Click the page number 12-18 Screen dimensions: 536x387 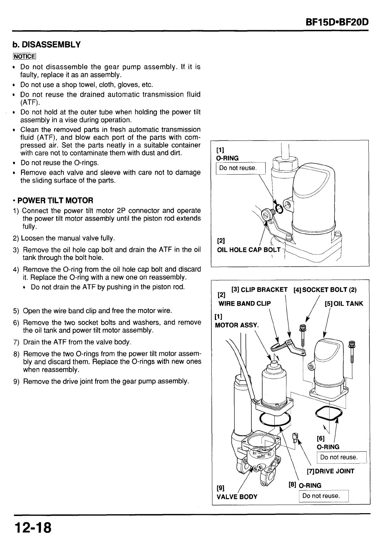pyautogui.click(x=33, y=527)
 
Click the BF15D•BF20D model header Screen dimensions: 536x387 pyautogui.click(x=337, y=23)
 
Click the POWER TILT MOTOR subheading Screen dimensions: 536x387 pyautogui.click(x=55, y=201)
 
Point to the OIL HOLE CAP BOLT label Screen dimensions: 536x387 pyautogui.click(x=249, y=250)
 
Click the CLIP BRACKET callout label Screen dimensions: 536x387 pyautogui.click(x=259, y=290)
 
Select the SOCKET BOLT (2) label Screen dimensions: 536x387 pyautogui.click(x=325, y=290)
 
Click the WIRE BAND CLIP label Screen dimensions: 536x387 pyautogui.click(x=244, y=303)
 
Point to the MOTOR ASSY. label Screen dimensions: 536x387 pyautogui.click(x=237, y=325)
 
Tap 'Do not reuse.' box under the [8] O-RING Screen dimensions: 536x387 pyautogui.click(x=321, y=496)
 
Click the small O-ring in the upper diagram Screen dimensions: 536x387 pyautogui.click(x=280, y=209)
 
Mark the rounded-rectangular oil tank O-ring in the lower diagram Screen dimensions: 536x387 pyautogui.click(x=328, y=414)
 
